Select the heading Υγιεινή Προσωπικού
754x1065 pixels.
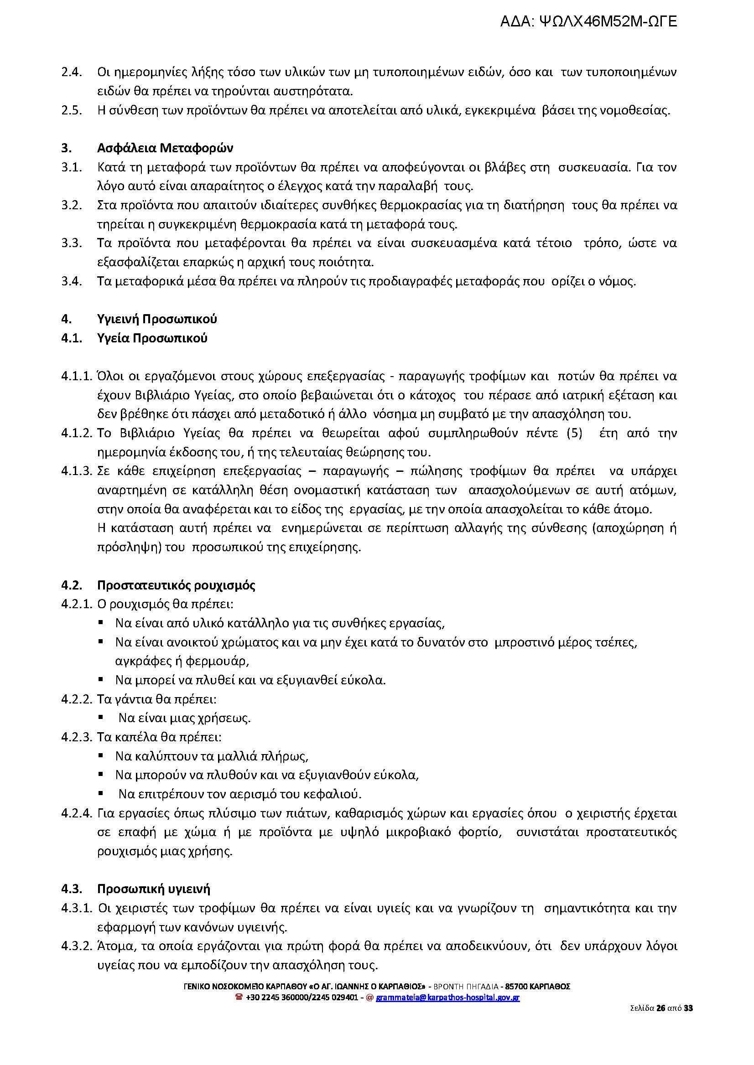[x=157, y=319]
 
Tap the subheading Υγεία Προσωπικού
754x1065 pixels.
[x=152, y=338]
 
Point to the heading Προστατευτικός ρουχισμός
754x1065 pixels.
[x=176, y=585]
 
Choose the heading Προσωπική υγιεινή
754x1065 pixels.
[x=154, y=889]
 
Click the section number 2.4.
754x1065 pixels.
[x=72, y=72]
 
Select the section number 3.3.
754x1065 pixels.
[x=72, y=243]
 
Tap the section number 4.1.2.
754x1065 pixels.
[x=77, y=433]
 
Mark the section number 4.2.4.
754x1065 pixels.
[x=77, y=813]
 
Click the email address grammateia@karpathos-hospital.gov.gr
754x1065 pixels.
[x=447, y=997]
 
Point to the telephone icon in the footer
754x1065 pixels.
[x=239, y=997]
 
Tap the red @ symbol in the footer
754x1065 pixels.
[x=369, y=997]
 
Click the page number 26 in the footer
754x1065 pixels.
[x=660, y=1008]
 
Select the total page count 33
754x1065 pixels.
[x=688, y=1008]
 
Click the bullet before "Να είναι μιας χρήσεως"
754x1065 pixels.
[x=101, y=717]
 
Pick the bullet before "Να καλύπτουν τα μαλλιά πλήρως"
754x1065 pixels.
[x=101, y=755]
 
